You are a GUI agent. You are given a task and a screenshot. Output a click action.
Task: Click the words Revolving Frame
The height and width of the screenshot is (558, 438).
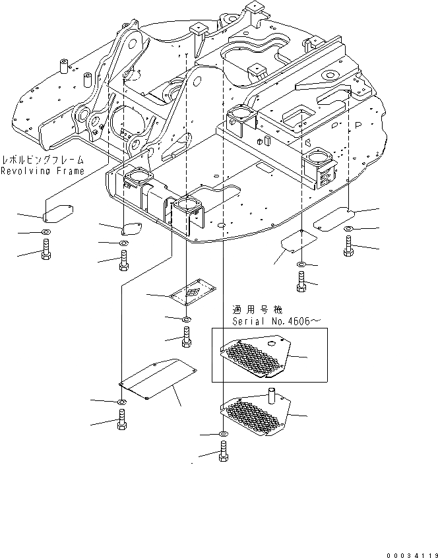pos(42,171)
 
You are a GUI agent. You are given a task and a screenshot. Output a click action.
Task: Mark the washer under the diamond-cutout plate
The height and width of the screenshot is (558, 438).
pos(187,319)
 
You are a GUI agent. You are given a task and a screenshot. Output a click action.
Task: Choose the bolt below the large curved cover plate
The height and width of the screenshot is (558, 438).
pos(122,419)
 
